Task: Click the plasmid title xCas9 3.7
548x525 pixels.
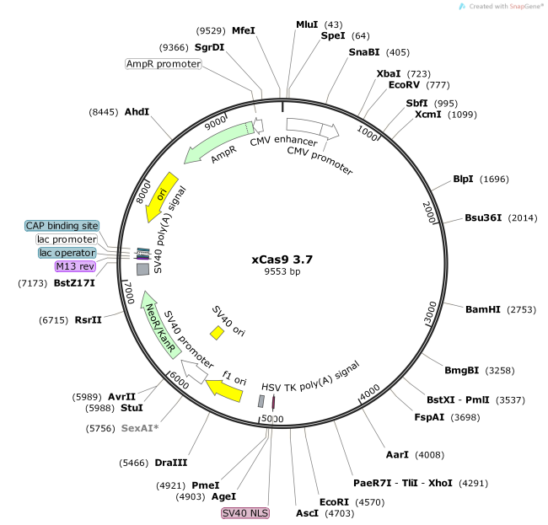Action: [282, 259]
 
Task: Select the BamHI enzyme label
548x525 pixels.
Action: [483, 310]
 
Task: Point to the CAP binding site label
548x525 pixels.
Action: [62, 226]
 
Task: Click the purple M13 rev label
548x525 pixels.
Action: [75, 266]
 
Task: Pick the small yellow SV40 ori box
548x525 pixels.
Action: [217, 333]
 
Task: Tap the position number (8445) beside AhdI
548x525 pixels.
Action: [104, 112]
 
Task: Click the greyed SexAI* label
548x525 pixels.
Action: [139, 428]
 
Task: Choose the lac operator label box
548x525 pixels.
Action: [67, 253]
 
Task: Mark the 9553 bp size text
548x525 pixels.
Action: [282, 271]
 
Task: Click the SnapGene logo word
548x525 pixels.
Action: [525, 7]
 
